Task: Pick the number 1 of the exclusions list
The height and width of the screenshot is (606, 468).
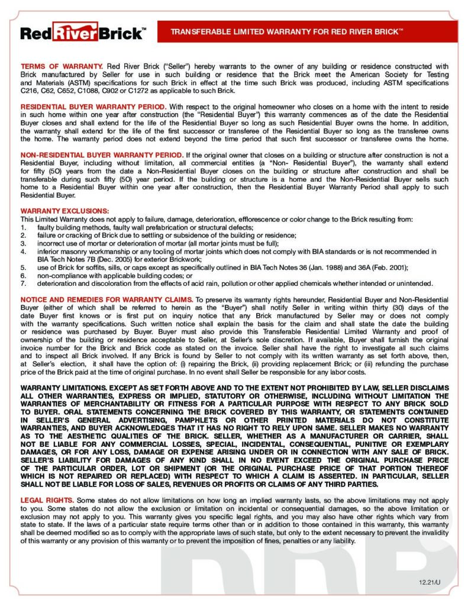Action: (x=23, y=227)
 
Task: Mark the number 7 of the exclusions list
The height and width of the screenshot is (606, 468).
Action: (x=23, y=282)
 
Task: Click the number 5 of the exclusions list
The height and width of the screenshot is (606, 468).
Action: (x=23, y=267)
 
